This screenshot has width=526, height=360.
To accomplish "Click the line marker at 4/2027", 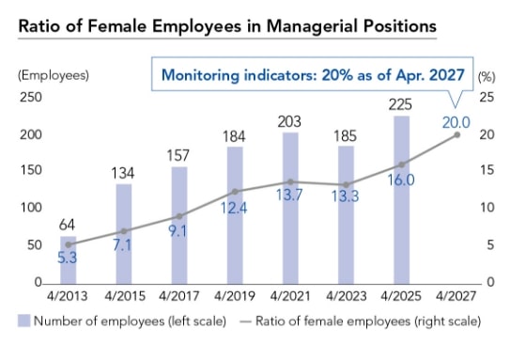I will [457, 134].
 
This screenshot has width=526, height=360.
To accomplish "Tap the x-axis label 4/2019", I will [235, 297].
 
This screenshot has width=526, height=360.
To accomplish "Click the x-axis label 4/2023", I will [346, 297].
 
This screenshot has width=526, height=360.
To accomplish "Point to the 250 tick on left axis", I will [31, 98].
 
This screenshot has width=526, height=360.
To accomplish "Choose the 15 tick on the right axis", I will [487, 171].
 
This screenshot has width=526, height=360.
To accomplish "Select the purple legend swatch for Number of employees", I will [23, 321].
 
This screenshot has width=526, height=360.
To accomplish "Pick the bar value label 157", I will [179, 153].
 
